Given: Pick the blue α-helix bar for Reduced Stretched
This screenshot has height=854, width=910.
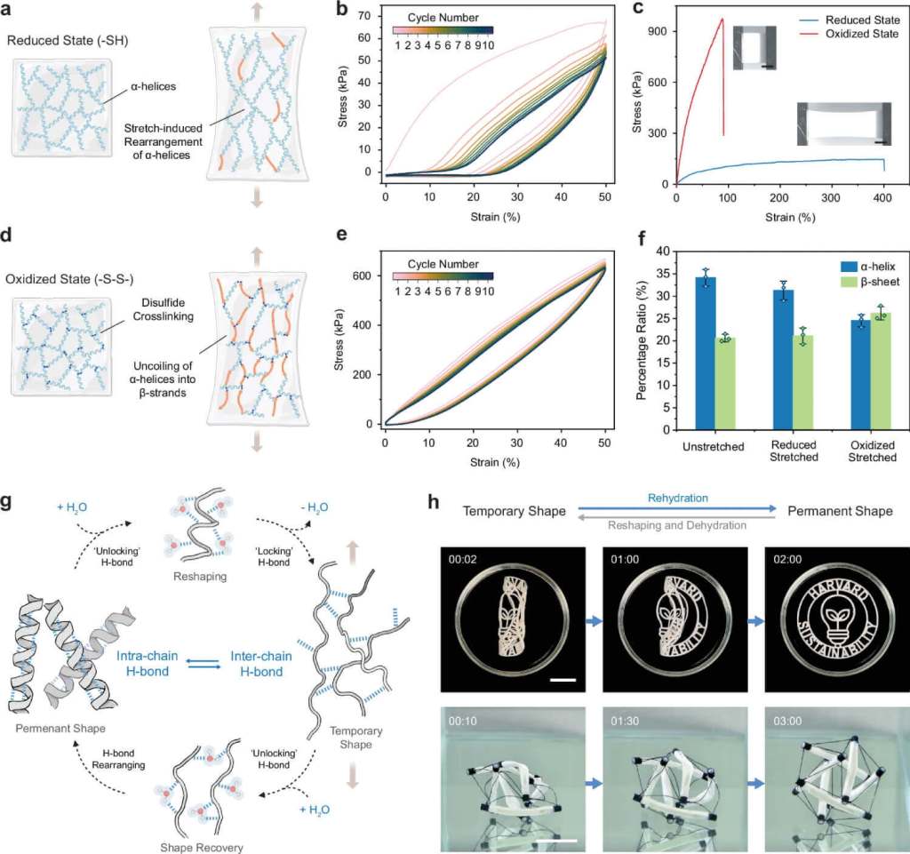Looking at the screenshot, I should pos(784,360).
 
